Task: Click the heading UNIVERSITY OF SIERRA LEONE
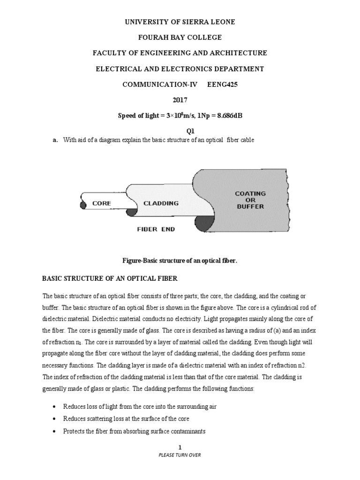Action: [x=180, y=22]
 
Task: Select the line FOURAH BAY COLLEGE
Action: [x=180, y=37]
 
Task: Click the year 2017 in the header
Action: [x=180, y=100]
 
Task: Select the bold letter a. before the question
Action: [x=46, y=140]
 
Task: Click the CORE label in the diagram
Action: [x=101, y=203]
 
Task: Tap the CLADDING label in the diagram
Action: [x=161, y=203]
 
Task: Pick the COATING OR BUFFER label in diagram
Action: [x=250, y=200]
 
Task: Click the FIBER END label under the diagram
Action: [x=156, y=229]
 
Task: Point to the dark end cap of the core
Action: [x=83, y=205]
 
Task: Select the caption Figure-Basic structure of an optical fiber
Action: [x=180, y=260]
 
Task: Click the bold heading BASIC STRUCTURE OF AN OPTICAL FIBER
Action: [x=110, y=278]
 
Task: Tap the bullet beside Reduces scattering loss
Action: [x=55, y=419]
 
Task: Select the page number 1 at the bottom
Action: [x=180, y=448]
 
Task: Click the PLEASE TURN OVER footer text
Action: [x=180, y=455]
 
